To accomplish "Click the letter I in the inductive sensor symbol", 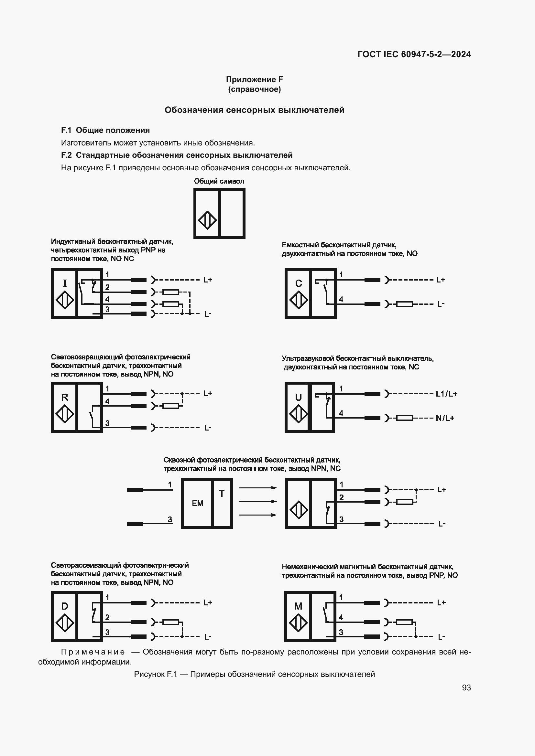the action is (x=65, y=283).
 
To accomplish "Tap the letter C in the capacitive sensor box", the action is (x=298, y=283).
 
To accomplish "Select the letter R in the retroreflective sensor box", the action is (x=65, y=397).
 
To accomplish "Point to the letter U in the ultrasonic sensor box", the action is (x=298, y=397).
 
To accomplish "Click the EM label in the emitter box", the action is (x=198, y=504).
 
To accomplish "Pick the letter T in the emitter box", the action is (x=222, y=494).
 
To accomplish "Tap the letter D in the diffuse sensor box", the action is (x=65, y=606).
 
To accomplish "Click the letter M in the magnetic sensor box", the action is (x=298, y=606).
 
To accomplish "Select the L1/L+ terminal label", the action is (x=446, y=394).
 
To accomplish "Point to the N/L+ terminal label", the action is (x=445, y=418).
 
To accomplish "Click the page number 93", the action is (x=466, y=687).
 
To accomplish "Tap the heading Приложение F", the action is (x=254, y=80).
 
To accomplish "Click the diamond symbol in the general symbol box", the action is (x=207, y=220).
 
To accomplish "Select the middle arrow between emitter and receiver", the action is (x=258, y=502).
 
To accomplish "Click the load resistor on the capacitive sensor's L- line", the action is (x=404, y=304).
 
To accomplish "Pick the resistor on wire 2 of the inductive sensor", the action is (x=171, y=292).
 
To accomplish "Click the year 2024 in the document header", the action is (x=461, y=54).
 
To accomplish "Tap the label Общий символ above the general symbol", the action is (x=219, y=181).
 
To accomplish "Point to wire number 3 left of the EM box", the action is (x=170, y=519).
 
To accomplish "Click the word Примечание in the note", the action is (x=93, y=652).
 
